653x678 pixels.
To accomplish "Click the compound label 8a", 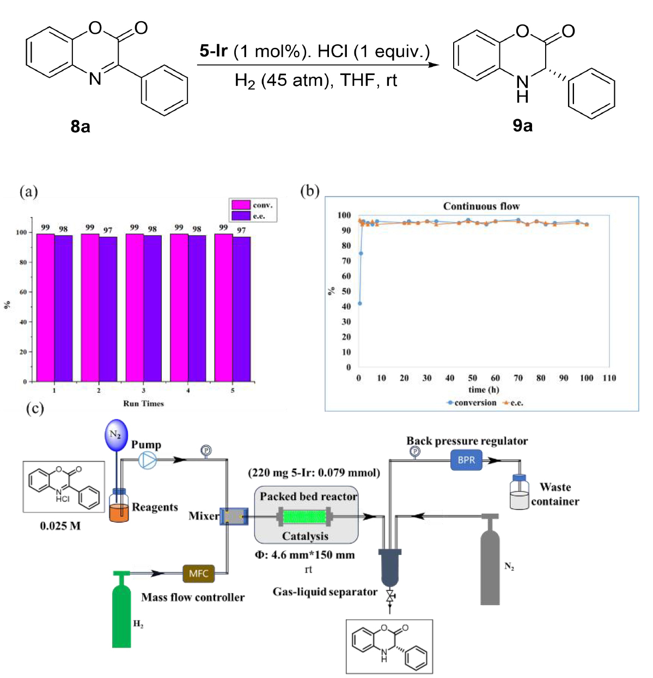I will tap(80, 127).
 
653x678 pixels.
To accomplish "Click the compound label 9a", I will tap(522, 126).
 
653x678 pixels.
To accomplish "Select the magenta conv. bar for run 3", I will tap(135, 307).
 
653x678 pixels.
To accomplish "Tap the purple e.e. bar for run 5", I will tap(241, 309).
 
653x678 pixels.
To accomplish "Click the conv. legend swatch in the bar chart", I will tap(241, 205).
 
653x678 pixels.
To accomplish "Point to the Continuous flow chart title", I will tap(481, 206).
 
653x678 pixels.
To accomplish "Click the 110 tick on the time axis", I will tap(609, 378).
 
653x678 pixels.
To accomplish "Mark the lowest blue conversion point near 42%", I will tap(360, 304).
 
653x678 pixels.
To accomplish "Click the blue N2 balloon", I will tap(115, 435).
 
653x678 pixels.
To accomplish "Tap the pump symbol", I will tap(147, 460).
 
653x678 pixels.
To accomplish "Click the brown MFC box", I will tap(198, 574).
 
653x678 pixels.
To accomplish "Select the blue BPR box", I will tap(466, 460).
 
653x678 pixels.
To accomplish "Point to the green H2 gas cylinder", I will tap(122, 612).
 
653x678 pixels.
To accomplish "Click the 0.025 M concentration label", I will tap(60, 526).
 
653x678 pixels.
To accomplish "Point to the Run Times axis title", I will tap(143, 404).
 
